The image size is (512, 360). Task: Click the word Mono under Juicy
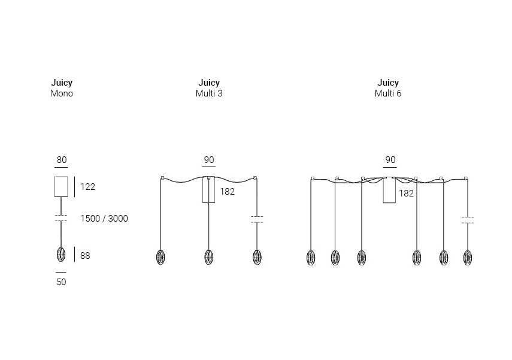[x=62, y=93]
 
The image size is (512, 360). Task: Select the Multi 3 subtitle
[x=209, y=93]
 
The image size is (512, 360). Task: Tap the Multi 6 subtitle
[x=388, y=93]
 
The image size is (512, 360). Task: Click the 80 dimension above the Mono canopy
[x=62, y=160]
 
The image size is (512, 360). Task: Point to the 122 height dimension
[x=88, y=187]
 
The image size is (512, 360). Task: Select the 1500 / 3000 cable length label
[x=104, y=219]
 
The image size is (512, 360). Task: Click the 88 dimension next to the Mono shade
[x=85, y=255]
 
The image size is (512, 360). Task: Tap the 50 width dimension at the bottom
[x=62, y=282]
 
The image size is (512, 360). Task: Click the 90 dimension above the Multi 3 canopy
[x=209, y=160]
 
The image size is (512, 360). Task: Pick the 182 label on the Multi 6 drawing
[x=406, y=193]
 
